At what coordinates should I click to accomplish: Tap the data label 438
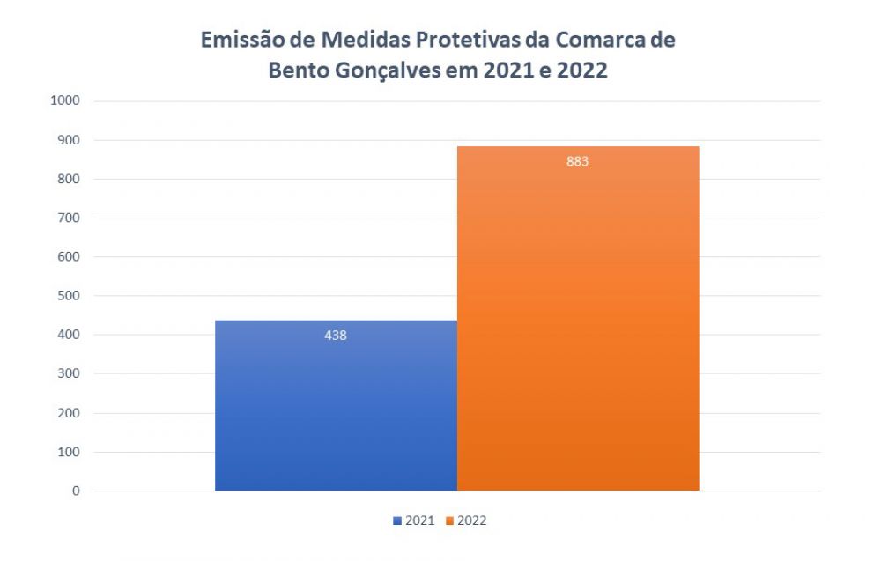click(336, 335)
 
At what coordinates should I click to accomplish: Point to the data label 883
click(578, 161)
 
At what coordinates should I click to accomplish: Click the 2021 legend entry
click(414, 520)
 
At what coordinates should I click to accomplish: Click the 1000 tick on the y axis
click(66, 100)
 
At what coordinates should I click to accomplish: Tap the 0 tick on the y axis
click(76, 491)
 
